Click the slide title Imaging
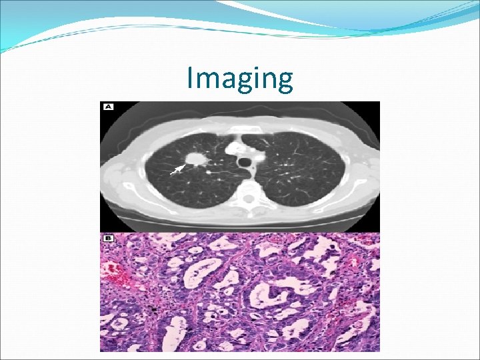tap(239, 79)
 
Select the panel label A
tap(107, 107)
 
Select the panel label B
tap(107, 238)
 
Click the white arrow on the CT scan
tap(177, 169)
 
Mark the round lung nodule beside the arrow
tap(195, 159)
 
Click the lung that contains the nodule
tap(180, 173)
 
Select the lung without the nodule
tap(300, 173)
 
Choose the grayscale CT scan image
tap(240, 167)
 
